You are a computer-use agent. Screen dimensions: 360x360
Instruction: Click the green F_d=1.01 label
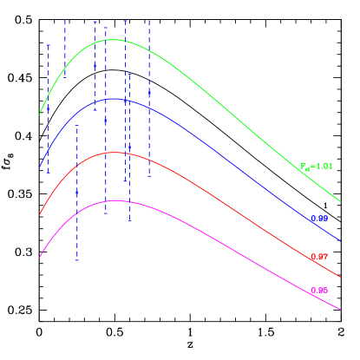(316, 166)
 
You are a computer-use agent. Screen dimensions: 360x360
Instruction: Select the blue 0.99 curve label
(319, 219)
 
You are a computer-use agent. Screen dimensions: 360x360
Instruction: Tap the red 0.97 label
(319, 257)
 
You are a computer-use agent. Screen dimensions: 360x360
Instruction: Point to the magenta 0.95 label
(319, 290)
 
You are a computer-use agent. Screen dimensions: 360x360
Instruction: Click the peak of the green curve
(113, 40)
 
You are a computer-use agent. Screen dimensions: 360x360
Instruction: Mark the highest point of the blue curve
(114, 99)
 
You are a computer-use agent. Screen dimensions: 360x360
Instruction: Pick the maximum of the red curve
(114, 153)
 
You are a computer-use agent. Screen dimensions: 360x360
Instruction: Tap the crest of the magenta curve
(114, 200)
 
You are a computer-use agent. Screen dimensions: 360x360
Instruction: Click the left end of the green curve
(40, 114)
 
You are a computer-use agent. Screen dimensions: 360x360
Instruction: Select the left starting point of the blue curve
(40, 167)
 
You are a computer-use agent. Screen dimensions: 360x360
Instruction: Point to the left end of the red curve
(40, 213)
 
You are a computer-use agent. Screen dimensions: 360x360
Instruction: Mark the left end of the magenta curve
(40, 257)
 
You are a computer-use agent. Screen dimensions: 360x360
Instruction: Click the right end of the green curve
(340, 202)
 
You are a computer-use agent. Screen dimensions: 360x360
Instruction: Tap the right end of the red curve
(340, 278)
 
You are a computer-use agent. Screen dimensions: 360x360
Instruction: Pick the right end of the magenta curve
(340, 308)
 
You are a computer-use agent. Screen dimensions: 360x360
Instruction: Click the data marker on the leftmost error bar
(48, 109)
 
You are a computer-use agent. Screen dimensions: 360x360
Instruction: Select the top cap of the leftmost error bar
(48, 45)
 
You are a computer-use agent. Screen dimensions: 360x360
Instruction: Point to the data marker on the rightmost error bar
(148, 92)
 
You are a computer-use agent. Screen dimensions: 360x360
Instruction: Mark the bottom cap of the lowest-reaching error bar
(76, 259)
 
